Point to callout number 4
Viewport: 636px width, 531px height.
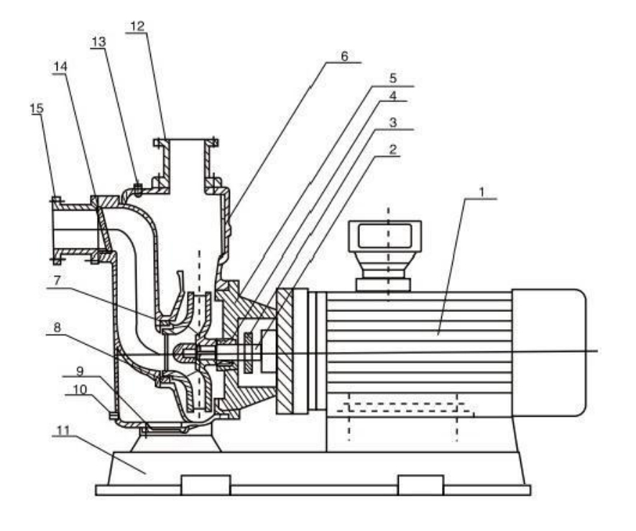(x=392, y=95)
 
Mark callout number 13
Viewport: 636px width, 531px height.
(x=98, y=42)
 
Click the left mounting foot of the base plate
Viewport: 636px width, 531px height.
(x=206, y=485)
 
